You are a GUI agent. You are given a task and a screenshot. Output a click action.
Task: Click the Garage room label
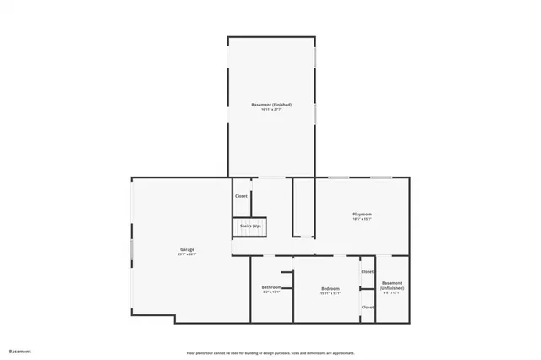coord(187,249)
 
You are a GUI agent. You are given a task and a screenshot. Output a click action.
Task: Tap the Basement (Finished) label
coord(271,105)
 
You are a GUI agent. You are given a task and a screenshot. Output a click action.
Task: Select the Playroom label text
coord(362,215)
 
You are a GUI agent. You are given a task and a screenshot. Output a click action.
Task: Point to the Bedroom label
coord(330,289)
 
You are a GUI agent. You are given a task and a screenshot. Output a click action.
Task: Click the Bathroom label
coord(270,287)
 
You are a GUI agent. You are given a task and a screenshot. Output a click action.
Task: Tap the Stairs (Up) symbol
coord(249,227)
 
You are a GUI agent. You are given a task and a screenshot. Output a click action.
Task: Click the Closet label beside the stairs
coord(241,196)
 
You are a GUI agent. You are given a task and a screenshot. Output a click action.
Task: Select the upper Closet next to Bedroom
coord(368,272)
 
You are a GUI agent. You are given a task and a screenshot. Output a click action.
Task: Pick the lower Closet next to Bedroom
coord(368,307)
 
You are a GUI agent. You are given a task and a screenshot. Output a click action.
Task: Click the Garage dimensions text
coord(187,254)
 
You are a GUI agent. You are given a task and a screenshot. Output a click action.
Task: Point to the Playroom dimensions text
coord(362,220)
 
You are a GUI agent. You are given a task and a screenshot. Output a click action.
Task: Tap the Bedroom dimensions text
coord(330,294)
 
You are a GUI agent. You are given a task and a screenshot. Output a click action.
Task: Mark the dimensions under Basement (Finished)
coord(271,110)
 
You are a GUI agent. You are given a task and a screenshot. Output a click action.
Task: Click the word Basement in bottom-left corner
coord(19,351)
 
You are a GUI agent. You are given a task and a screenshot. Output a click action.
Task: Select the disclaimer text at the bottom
coord(270,353)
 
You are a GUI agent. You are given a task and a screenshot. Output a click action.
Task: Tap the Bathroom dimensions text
coord(270,292)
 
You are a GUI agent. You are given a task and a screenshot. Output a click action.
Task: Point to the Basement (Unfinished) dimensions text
coord(392,293)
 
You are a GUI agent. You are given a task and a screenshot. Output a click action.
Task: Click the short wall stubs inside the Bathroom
coord(286,283)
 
